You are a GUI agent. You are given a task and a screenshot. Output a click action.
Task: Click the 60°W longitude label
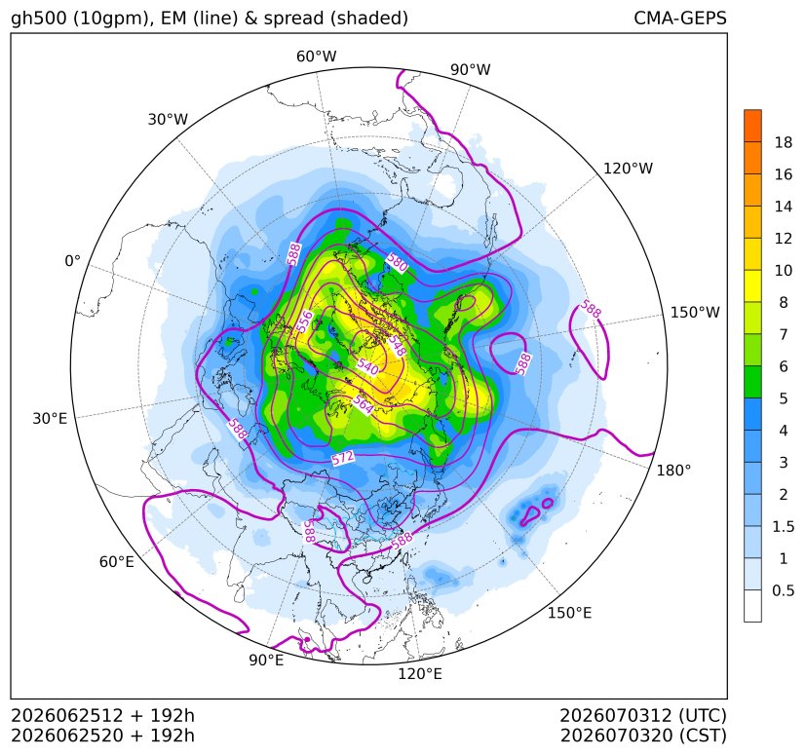316,57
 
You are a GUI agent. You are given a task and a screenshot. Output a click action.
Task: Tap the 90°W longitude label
471,69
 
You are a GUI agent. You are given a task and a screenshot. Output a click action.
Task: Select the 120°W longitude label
628,169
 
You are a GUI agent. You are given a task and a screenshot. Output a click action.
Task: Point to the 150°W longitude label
695,313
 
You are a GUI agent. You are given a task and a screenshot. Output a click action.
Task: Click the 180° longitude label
673,471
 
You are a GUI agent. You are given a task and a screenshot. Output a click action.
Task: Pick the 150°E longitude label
569,613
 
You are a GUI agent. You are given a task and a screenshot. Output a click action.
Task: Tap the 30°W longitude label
168,119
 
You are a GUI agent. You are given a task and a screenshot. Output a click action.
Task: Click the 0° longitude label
72,261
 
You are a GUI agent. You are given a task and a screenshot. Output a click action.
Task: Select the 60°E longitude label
117,562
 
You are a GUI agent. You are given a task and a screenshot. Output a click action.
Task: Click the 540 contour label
367,366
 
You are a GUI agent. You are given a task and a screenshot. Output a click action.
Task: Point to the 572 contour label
343,458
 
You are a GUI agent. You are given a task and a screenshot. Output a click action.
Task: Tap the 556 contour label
305,321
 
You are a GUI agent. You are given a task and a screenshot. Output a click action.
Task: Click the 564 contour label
363,405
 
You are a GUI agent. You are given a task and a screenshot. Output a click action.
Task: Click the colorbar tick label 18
783,142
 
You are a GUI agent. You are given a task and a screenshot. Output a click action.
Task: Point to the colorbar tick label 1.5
783,526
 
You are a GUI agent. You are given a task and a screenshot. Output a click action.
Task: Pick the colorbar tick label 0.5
783,590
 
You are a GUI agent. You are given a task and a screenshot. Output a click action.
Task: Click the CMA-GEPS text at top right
680,19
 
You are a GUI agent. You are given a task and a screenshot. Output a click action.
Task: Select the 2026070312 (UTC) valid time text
643,716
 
